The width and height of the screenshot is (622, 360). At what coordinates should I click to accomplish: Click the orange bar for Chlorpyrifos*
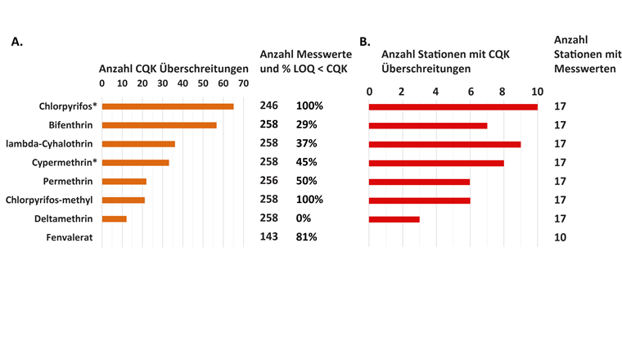(x=168, y=106)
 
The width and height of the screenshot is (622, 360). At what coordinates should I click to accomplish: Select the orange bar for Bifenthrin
(x=160, y=125)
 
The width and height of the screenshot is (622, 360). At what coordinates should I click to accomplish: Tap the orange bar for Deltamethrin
(x=115, y=218)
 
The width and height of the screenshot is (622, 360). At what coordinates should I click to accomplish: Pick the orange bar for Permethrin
(x=124, y=181)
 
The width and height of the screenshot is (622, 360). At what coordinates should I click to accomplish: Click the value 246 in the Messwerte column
(x=269, y=106)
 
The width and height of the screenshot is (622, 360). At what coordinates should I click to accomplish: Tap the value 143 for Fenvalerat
(x=269, y=236)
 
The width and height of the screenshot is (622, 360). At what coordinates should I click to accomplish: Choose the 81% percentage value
(x=306, y=237)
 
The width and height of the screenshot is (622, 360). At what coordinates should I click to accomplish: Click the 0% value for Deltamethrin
(x=304, y=218)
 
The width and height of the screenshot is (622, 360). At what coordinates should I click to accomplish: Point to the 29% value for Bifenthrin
(x=306, y=124)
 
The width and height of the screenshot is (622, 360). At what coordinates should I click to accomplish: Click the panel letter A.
(x=16, y=42)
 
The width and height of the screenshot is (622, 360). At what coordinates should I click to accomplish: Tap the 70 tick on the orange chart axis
(x=243, y=83)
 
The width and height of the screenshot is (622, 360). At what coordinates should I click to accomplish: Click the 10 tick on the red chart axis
(x=537, y=91)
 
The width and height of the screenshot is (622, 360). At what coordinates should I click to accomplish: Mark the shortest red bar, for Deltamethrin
(x=394, y=218)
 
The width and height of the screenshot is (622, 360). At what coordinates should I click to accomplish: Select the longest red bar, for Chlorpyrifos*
(x=453, y=106)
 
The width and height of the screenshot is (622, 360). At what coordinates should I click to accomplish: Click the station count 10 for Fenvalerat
(x=560, y=237)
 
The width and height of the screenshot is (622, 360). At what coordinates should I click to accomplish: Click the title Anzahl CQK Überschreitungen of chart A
(x=174, y=69)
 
